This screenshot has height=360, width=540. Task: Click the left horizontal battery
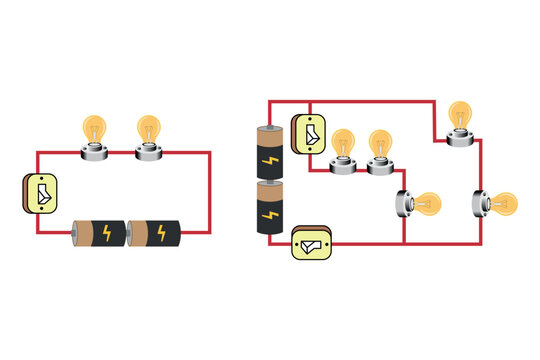98,234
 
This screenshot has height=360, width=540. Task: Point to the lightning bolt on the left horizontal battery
107,234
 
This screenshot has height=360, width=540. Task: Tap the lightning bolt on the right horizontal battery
163,234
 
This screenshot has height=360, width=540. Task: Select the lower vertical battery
271,209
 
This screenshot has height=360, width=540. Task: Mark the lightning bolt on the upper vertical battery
271,161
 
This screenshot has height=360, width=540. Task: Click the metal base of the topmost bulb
460,138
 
